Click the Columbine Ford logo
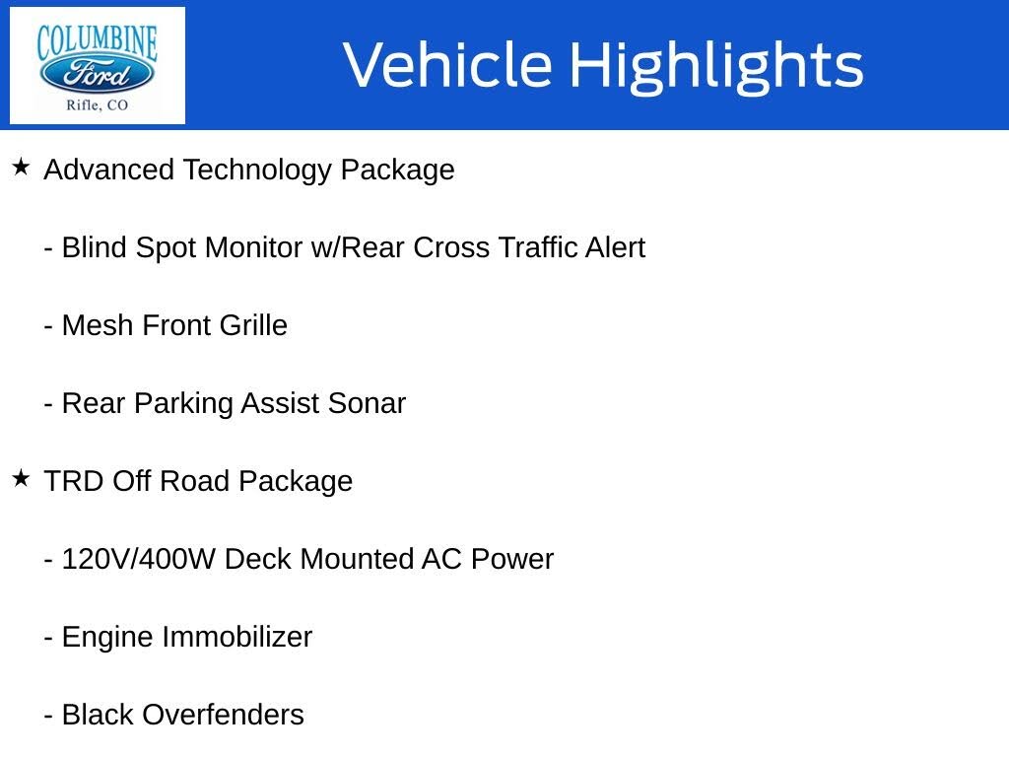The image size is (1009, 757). click(98, 65)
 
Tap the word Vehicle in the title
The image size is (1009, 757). click(448, 64)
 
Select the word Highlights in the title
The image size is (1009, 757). click(716, 66)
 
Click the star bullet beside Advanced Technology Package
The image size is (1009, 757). click(22, 168)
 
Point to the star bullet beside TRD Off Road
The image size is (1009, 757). click(22, 478)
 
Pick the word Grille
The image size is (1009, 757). click(253, 325)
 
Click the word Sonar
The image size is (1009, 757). click(367, 403)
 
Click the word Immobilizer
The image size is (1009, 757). click(236, 638)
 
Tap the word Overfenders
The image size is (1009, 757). click(223, 716)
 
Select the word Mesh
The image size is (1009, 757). click(98, 325)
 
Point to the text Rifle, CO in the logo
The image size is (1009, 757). click(98, 105)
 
